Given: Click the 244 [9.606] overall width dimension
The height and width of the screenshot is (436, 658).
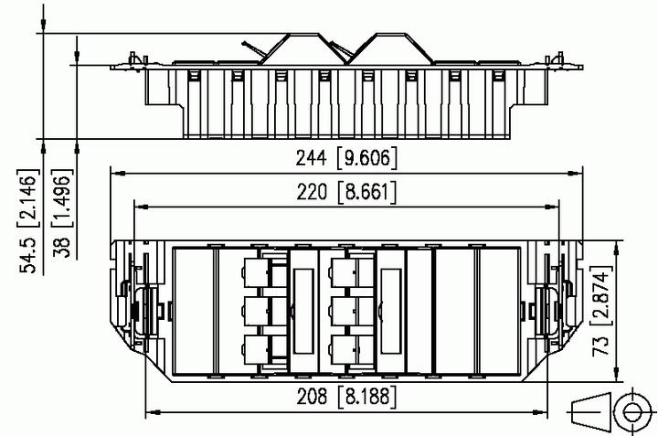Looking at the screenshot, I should coord(346,158).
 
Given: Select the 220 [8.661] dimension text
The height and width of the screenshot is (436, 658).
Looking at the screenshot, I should coord(346,193).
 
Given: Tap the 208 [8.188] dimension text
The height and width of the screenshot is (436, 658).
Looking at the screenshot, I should coord(346,398).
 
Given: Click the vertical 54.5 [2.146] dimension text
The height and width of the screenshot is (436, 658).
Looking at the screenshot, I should coord(29,219).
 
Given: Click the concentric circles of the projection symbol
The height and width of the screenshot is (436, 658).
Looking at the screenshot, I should coord(630,412).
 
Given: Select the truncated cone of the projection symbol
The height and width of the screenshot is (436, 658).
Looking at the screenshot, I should coord(590,412).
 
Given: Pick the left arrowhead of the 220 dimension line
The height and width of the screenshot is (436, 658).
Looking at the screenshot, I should coord(138,207).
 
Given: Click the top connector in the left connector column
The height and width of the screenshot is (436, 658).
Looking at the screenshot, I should coord(257,271).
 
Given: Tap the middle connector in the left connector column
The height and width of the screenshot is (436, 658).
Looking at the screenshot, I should coord(257,310).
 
